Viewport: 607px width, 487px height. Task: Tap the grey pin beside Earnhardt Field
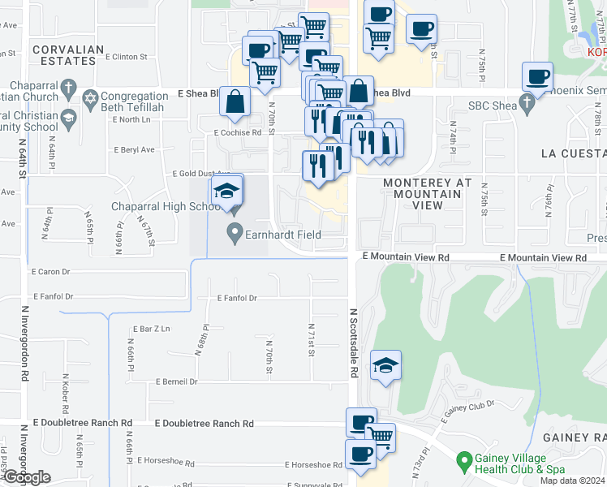pos(235,235)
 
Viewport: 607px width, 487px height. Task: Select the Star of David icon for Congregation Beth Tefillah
pos(91,99)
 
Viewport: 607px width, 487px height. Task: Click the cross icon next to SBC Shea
pos(528,105)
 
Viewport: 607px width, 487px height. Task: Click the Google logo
pos(26,477)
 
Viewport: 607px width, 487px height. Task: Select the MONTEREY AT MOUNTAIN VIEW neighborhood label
pos(427,194)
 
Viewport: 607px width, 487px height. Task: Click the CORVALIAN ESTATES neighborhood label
pos(69,55)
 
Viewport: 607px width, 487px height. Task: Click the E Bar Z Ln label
pos(152,329)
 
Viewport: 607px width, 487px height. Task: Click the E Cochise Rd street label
pos(238,131)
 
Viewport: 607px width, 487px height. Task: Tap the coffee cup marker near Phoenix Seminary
pos(537,77)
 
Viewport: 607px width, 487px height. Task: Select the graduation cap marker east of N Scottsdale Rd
pos(385,366)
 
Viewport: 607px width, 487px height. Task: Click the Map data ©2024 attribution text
pos(571,481)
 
